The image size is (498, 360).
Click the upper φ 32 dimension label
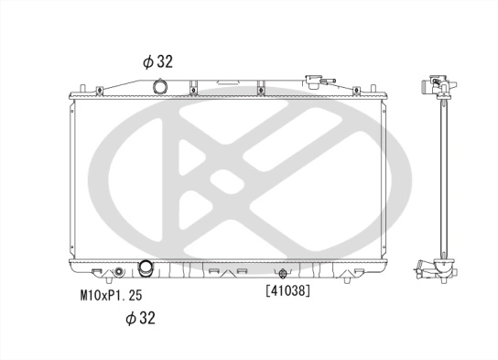click(157, 61)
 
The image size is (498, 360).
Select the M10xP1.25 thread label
click(111, 295)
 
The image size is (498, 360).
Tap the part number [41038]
click(287, 292)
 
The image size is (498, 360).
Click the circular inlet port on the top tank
click(161, 88)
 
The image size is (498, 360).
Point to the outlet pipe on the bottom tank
click(145, 269)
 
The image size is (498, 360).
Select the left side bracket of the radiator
click(70, 180)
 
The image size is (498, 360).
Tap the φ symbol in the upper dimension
click(146, 61)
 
